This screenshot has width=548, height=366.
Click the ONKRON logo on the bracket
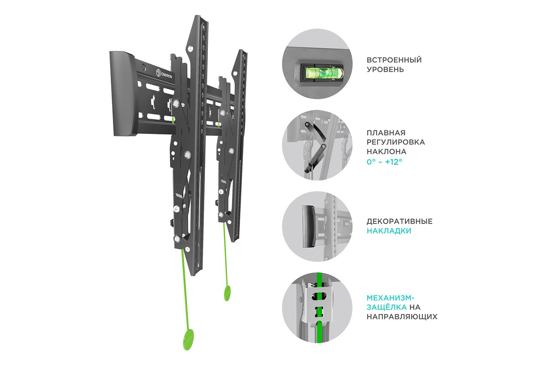(164, 74)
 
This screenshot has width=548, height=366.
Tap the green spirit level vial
(322, 73)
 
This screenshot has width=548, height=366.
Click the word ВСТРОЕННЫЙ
(394, 60)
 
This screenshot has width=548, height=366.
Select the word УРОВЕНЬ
(385, 70)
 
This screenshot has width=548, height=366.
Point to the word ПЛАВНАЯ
(386, 133)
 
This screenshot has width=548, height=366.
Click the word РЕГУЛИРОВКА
(396, 142)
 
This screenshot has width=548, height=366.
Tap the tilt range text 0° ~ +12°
(384, 162)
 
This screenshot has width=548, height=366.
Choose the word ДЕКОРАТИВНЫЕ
(400, 221)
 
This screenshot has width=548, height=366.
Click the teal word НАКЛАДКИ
(389, 231)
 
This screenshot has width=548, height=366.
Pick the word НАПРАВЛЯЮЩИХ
(402, 317)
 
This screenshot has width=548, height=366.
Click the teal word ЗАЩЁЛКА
(387, 307)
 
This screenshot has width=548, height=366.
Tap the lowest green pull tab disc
(188, 340)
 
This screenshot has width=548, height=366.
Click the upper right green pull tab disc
(227, 293)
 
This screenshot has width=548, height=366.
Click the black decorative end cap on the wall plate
(124, 94)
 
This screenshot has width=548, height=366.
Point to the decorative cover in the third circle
(309, 226)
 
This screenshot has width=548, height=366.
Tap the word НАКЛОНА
(387, 152)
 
